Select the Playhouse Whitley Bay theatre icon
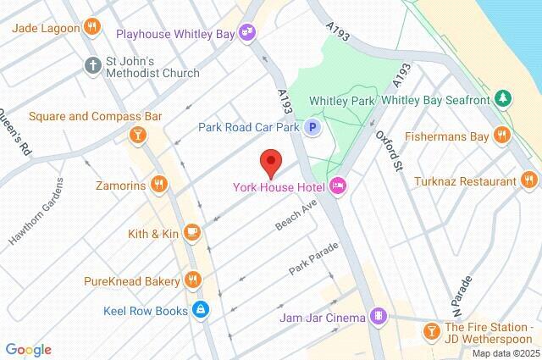(x=247, y=33)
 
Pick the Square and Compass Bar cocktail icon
(x=135, y=134)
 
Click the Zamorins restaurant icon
(x=158, y=184)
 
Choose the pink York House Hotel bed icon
(x=338, y=186)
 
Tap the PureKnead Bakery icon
(x=192, y=280)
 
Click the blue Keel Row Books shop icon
(x=201, y=310)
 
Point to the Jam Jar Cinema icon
(x=379, y=318)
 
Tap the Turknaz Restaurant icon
(x=529, y=180)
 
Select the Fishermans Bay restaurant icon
(x=503, y=134)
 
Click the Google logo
(x=28, y=349)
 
